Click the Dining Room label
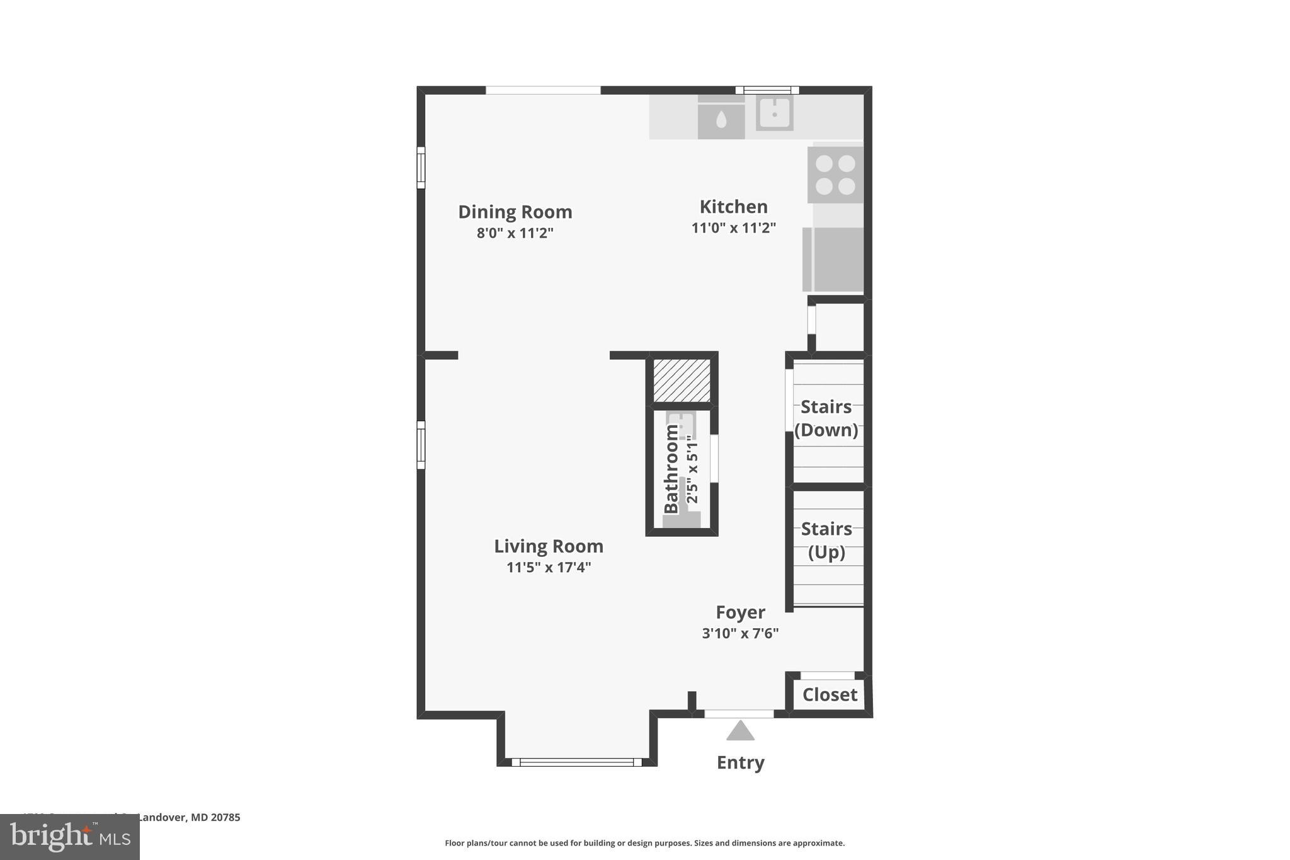515,212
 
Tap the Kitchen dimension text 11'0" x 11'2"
733,228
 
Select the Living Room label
548,546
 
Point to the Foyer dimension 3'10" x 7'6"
740,633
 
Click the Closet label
829,695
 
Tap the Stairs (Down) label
826,418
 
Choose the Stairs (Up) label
826,541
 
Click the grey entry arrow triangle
740,731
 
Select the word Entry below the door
740,763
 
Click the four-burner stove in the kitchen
835,175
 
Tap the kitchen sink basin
774,114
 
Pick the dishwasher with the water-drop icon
721,118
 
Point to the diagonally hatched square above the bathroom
682,381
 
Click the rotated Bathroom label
671,469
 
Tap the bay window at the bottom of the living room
576,762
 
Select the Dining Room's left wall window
421,168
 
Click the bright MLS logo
70,837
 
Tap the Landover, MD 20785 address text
188,818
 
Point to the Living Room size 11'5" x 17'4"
548,568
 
